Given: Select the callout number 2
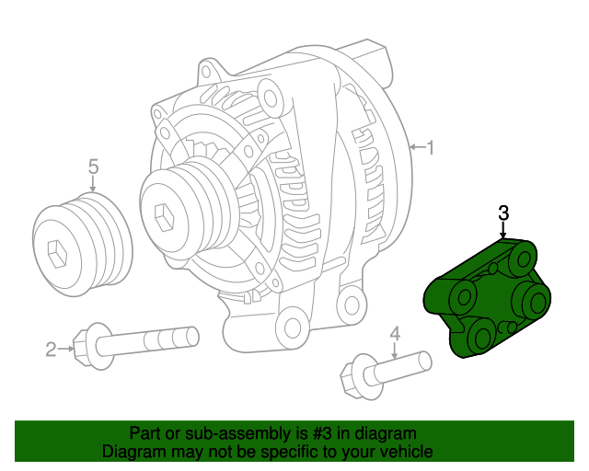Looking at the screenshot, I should tap(52, 349).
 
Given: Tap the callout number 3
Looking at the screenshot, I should tap(503, 213).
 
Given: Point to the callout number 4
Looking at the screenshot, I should tap(395, 333).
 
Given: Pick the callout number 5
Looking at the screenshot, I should tap(93, 167).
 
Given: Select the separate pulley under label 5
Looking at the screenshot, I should tap(82, 242).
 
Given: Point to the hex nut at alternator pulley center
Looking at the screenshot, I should tap(166, 217).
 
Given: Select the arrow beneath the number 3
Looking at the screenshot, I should tap(503, 230).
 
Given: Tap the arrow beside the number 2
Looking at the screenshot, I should tap(66, 349).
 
